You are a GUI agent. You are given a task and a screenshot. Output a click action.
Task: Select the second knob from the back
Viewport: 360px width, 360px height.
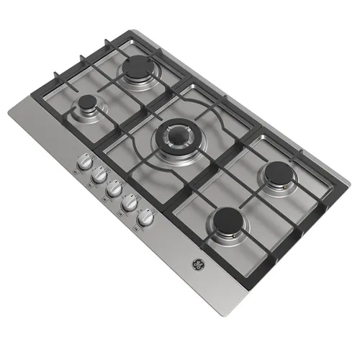(x=99, y=176)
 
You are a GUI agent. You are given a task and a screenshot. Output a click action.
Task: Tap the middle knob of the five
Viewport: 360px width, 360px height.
(x=114, y=189)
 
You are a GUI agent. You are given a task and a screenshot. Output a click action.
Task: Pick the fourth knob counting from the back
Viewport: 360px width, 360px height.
(x=130, y=202)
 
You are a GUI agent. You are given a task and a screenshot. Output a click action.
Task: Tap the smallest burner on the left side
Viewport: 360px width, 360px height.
(x=89, y=108)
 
